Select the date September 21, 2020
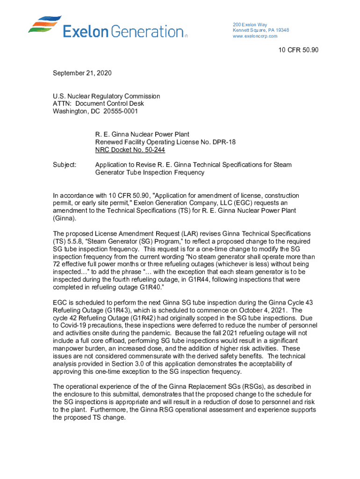(x=82, y=73)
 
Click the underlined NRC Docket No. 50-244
(x=130, y=150)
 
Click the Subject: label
(x=65, y=165)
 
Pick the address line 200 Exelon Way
(x=250, y=24)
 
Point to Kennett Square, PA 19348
(x=260, y=30)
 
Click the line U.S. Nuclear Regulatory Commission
(x=107, y=96)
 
